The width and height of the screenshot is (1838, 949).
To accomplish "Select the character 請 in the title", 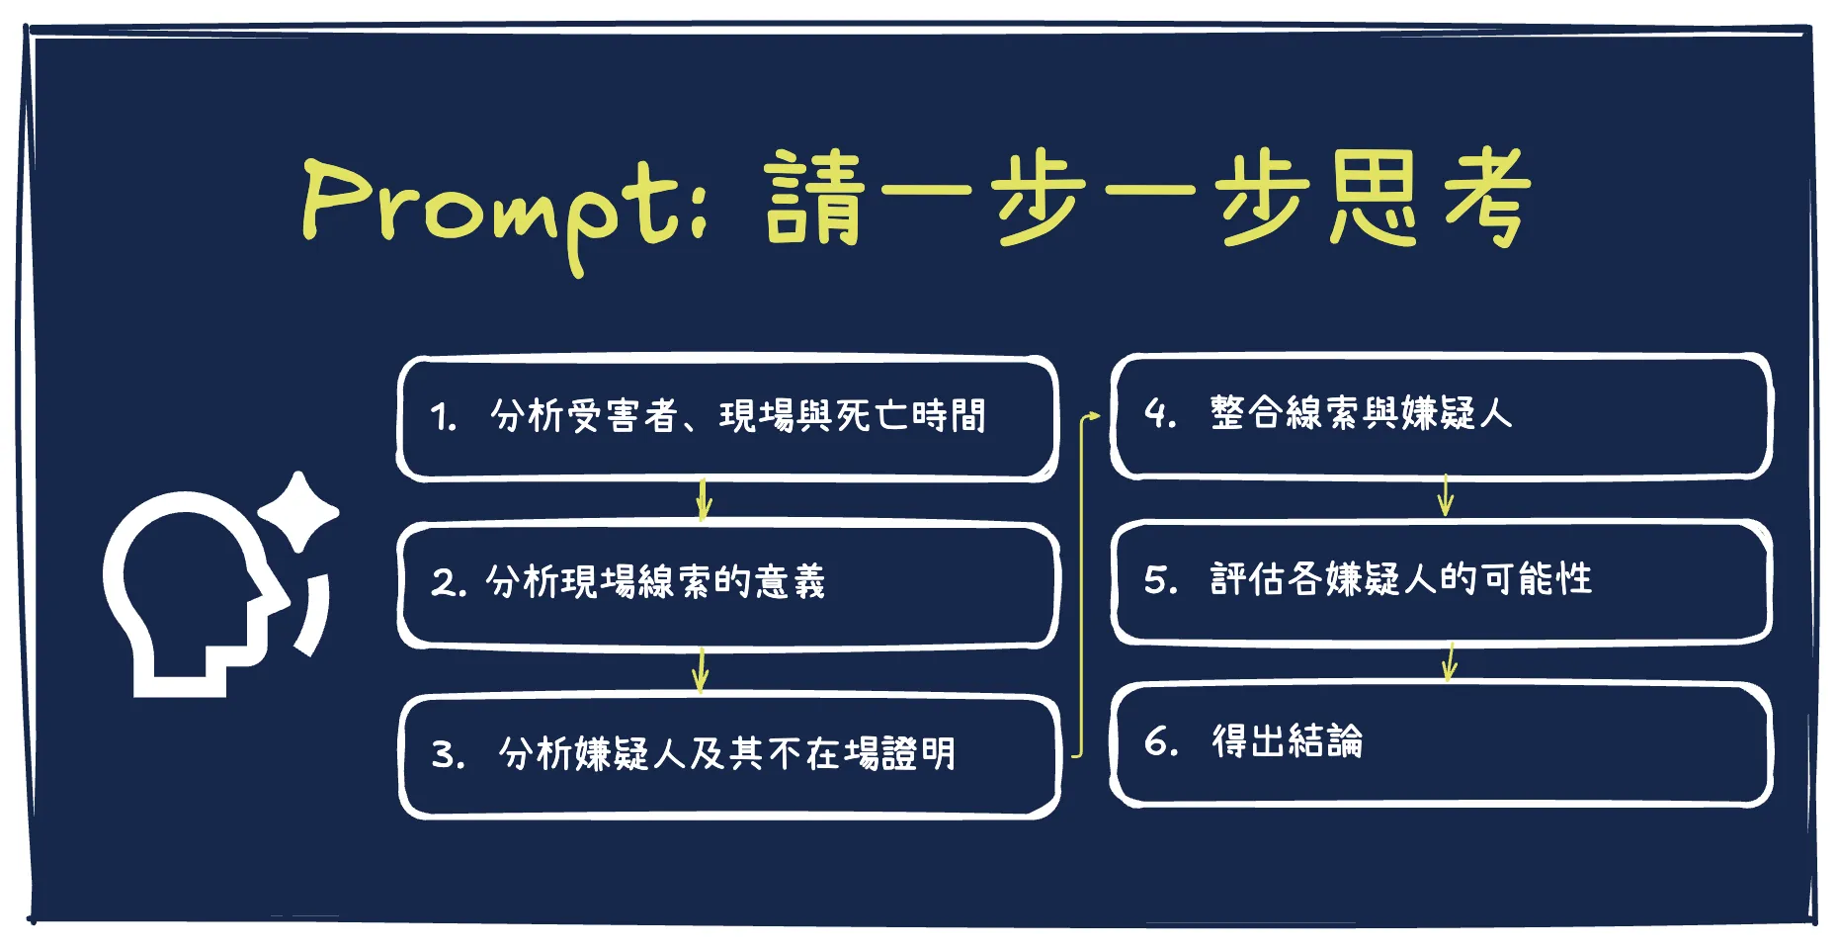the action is point(814,198).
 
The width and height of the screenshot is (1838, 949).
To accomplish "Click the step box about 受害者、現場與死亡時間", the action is point(727,418).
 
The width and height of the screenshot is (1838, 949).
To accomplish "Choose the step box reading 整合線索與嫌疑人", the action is point(1441,415).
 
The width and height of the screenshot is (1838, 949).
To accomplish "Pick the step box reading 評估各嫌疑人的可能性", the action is point(1441,581).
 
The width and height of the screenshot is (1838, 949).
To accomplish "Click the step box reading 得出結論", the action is point(1441,743).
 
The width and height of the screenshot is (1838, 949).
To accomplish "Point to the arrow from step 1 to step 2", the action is point(704,500).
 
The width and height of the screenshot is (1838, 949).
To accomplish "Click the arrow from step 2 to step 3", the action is point(701,670).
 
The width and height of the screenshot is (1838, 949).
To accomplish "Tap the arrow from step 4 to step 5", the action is point(1446,495).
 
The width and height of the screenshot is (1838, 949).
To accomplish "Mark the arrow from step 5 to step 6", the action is point(1450,661).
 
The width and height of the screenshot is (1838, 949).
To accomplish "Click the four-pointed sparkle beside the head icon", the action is point(298,511).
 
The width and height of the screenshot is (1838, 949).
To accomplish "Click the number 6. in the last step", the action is point(1161,741).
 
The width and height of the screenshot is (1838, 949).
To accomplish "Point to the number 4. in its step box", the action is point(1160,413).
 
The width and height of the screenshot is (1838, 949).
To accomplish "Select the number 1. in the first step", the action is point(443,417).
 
